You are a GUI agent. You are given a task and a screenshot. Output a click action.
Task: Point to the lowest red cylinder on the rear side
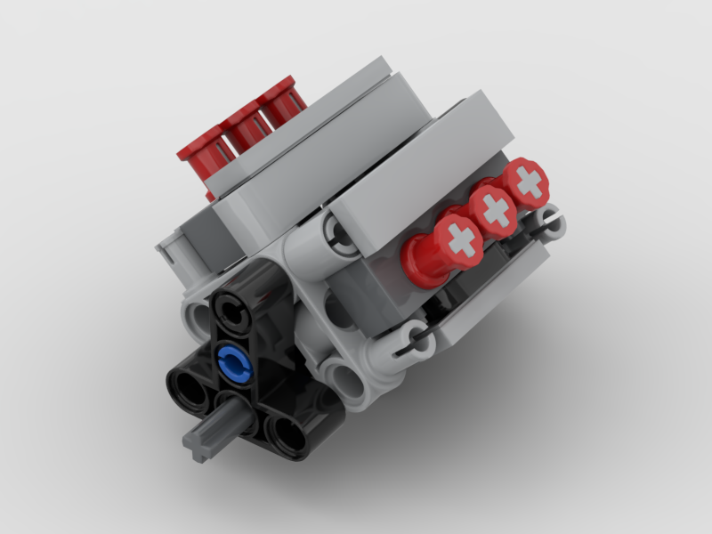tap(200, 151)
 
